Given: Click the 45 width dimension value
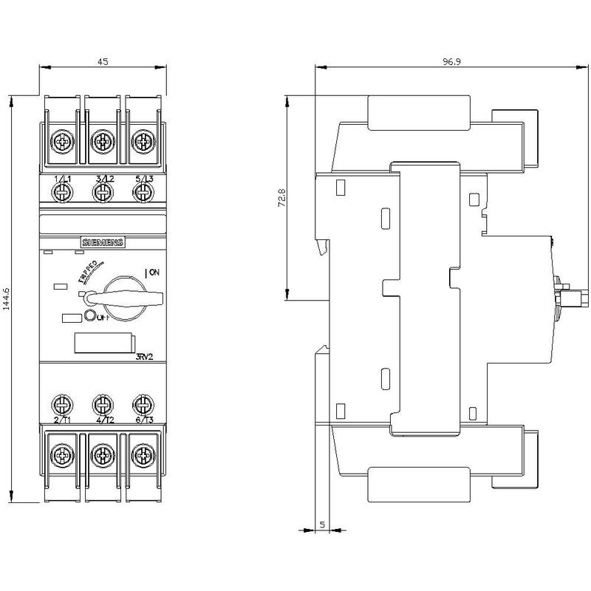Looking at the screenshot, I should click(103, 62).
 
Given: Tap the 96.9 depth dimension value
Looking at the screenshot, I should click(452, 62).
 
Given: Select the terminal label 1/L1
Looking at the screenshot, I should click(63, 180).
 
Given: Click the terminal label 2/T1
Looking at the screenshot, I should click(63, 420).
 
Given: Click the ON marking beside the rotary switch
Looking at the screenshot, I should click(153, 273).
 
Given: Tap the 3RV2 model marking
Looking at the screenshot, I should click(145, 358).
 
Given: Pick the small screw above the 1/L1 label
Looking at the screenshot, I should click(63, 192).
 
